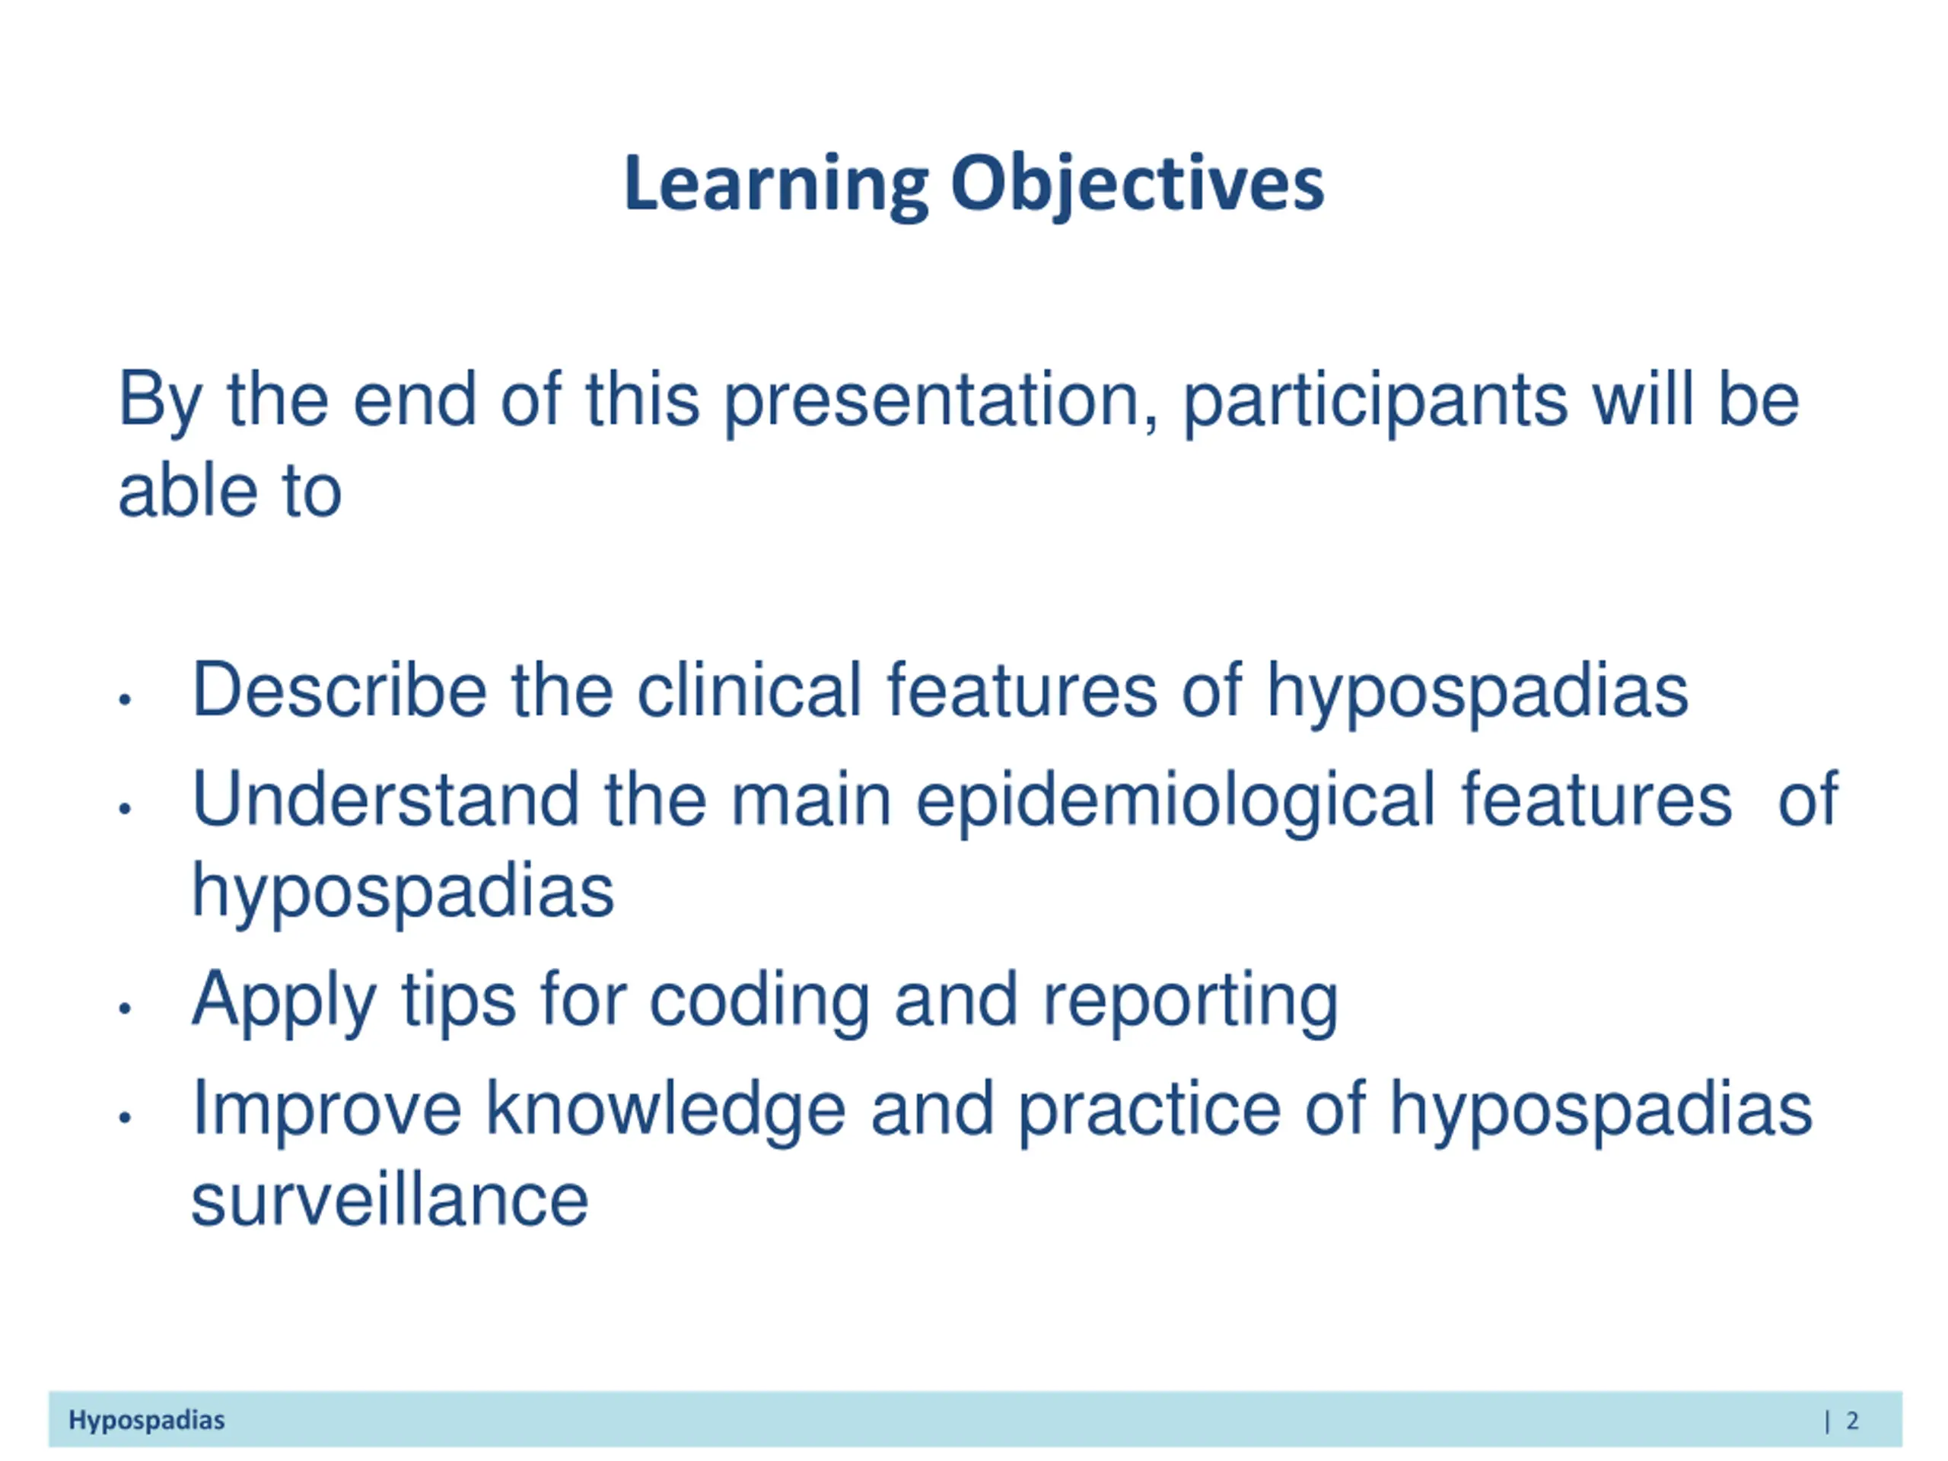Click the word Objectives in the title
pyautogui.click(x=1137, y=185)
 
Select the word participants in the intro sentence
pyautogui.click(x=1376, y=402)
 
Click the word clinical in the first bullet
pyautogui.click(x=750, y=689)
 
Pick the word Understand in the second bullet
pyautogui.click(x=386, y=799)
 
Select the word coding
pyautogui.click(x=760, y=1001)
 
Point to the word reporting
pyautogui.click(x=1191, y=1001)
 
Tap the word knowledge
pyautogui.click(x=666, y=1109)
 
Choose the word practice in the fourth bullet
pyautogui.click(x=1148, y=1109)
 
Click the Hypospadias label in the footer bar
pyautogui.click(x=147, y=1421)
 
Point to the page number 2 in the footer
pyautogui.click(x=1852, y=1420)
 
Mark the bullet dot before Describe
pyautogui.click(x=125, y=700)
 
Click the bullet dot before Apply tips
pyautogui.click(x=125, y=1008)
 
